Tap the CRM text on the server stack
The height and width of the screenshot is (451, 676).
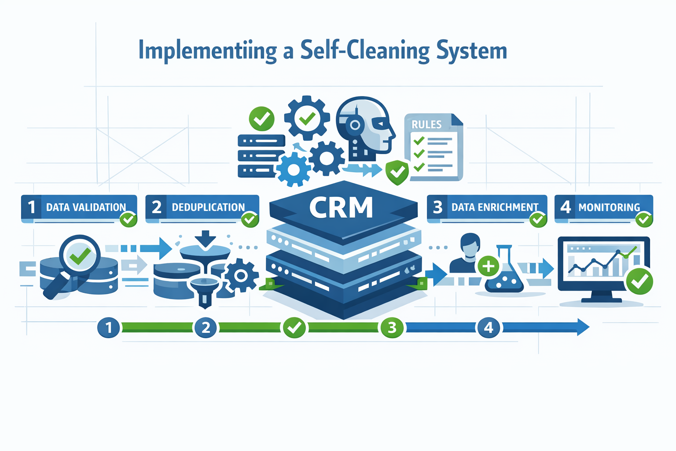341,207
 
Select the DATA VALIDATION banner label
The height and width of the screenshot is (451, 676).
86,207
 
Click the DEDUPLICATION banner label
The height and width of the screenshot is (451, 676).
208,207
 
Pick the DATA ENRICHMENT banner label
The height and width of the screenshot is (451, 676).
495,207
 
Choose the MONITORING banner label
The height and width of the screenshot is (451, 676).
609,207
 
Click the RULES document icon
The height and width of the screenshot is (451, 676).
434,148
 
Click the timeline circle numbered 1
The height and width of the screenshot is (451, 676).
109,327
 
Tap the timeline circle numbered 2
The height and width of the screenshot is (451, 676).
206,327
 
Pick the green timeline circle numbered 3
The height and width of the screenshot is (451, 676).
392,327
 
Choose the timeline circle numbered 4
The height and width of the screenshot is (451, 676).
489,327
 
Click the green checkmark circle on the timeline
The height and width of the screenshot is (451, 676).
294,327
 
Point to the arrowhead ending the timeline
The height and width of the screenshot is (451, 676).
583,327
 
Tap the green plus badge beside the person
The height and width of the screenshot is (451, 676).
488,266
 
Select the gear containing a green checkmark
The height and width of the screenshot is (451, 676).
307,118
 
